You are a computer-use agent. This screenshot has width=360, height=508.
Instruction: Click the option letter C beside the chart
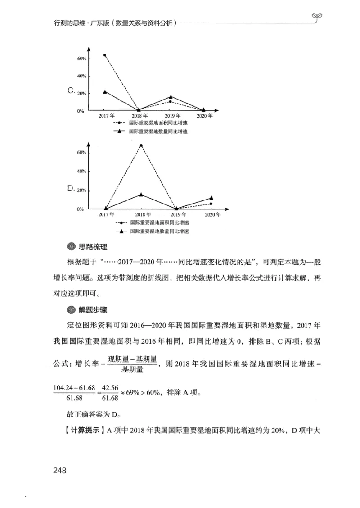(x=71, y=91)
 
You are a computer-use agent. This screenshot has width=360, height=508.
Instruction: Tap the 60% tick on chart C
(x=81, y=59)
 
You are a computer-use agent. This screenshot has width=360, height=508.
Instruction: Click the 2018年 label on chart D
(x=143, y=215)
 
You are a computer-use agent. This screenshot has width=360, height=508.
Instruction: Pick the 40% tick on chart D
(x=81, y=172)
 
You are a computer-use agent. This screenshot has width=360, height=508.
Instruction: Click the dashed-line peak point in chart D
(x=141, y=145)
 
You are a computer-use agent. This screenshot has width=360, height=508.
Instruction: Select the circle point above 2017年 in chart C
(x=105, y=55)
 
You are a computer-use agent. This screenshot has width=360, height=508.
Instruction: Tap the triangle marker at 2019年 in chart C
(x=171, y=97)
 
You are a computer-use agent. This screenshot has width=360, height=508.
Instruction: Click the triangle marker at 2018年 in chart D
(x=141, y=194)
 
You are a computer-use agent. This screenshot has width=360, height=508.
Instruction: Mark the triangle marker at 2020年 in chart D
(x=211, y=198)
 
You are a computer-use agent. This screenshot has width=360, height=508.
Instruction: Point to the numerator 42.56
(x=110, y=388)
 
